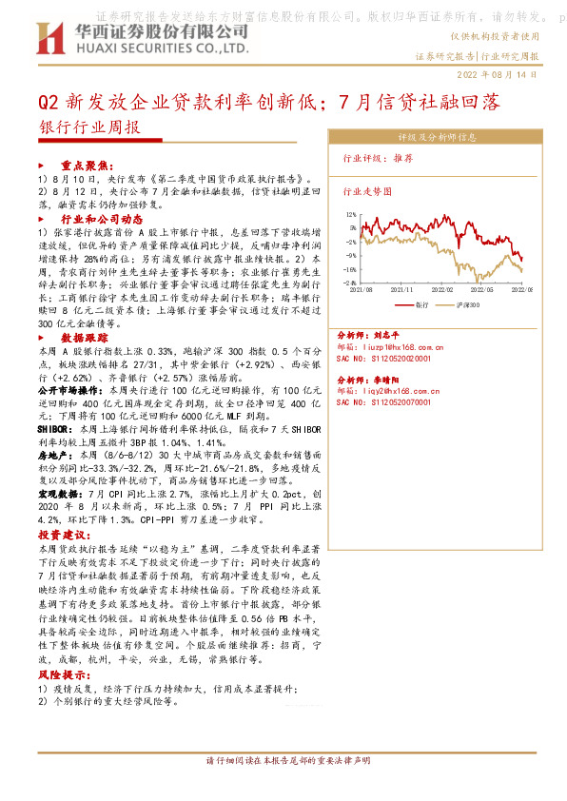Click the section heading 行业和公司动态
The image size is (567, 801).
107,218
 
